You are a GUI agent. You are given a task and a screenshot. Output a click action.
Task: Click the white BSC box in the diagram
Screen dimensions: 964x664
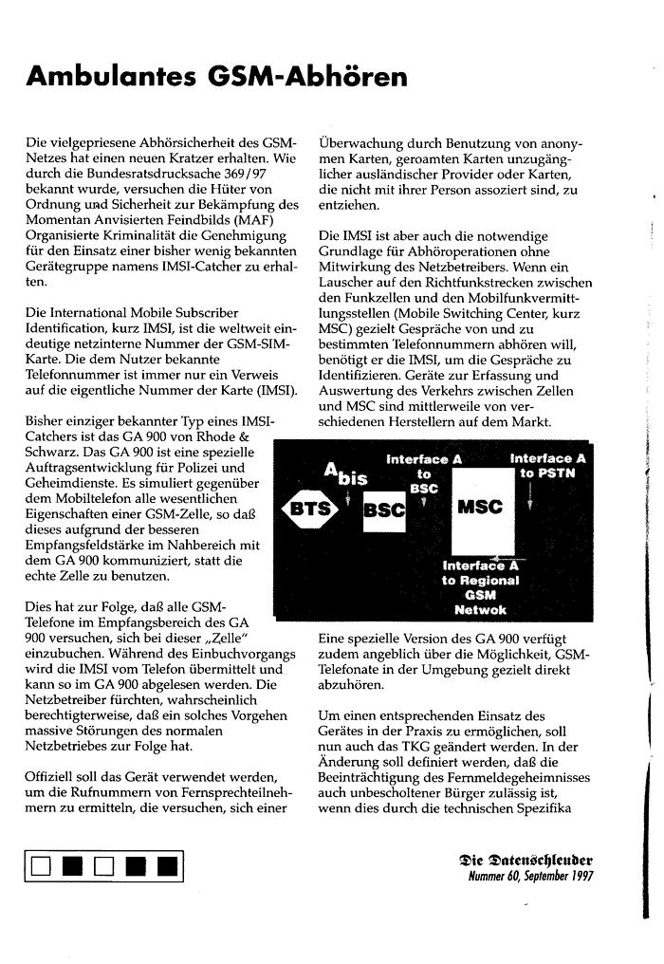tap(384, 510)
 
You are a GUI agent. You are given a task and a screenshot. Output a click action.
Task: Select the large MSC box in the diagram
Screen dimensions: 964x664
tap(479, 507)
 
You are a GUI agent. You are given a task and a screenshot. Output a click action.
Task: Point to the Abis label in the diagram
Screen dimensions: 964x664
tap(345, 473)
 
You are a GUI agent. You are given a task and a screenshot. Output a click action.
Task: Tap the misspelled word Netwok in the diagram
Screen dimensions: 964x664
tap(480, 610)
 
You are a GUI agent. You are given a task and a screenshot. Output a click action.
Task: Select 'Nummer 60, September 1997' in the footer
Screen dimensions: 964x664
tap(530, 877)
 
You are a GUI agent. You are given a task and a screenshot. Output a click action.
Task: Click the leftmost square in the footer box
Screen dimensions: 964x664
tap(40, 865)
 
